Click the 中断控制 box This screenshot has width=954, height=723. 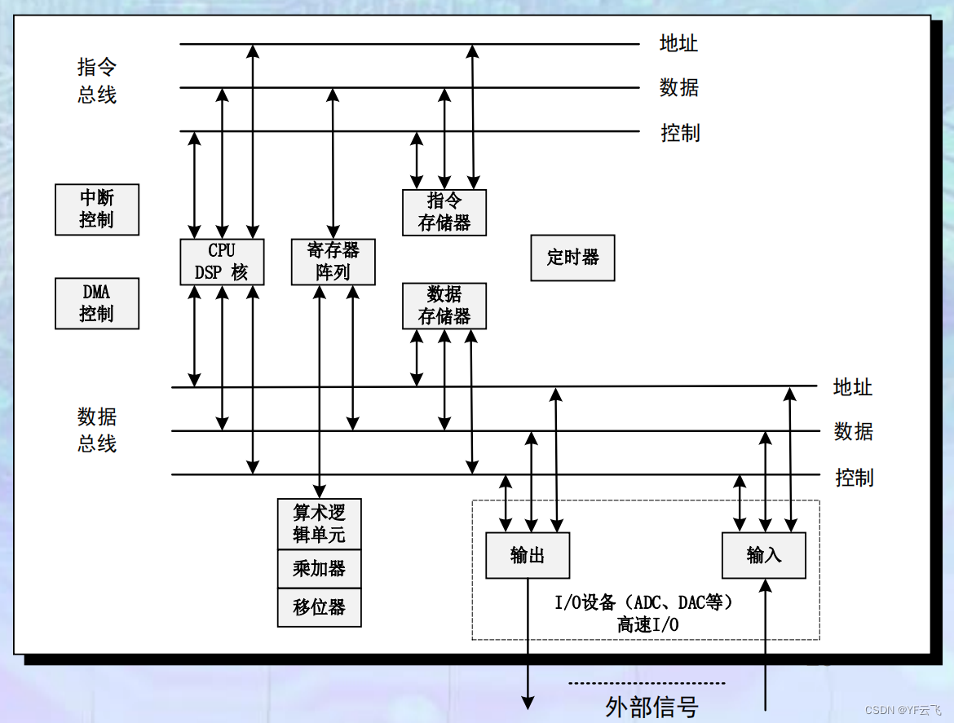[x=97, y=209]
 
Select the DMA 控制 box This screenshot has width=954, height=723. [x=97, y=303]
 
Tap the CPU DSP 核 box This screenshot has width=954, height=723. [x=222, y=262]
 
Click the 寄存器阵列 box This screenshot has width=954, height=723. [x=333, y=262]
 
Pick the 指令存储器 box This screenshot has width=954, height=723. [x=444, y=213]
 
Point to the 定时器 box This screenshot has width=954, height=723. [x=572, y=258]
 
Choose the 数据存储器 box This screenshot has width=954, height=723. [x=444, y=306]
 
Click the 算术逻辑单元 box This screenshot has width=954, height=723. [x=319, y=524]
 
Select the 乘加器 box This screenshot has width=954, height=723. [x=319, y=568]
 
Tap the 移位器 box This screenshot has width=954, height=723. [x=319, y=607]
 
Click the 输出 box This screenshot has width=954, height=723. [x=528, y=556]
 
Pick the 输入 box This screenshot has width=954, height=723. [x=764, y=556]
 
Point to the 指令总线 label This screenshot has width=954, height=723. [x=97, y=81]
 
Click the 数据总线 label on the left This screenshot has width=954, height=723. [x=97, y=430]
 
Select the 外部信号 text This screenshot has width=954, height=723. [x=651, y=706]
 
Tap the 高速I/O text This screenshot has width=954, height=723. [x=647, y=625]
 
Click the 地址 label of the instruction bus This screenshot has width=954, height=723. [x=678, y=43]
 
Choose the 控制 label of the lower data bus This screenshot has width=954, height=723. [x=854, y=478]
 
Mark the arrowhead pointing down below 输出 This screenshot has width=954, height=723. [x=528, y=701]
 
